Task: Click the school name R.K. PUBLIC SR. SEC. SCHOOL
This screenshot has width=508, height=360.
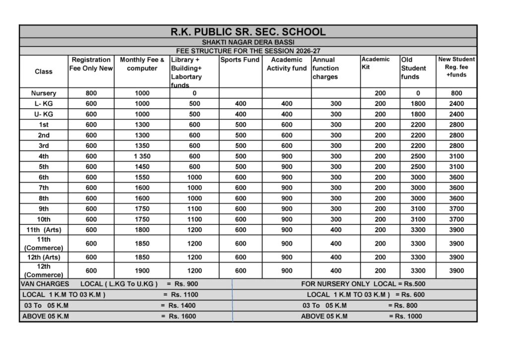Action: pyautogui.click(x=248, y=32)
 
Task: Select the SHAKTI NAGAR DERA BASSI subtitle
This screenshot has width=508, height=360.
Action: pyautogui.click(x=248, y=43)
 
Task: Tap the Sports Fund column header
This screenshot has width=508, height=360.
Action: pyautogui.click(x=240, y=60)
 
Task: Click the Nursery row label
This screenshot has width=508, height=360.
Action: pyautogui.click(x=44, y=93)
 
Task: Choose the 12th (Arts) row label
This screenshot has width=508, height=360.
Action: pyautogui.click(x=44, y=257)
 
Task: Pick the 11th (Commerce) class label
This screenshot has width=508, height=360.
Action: pyautogui.click(x=44, y=243)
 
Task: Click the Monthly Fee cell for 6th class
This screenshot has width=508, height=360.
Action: pyautogui.click(x=142, y=177)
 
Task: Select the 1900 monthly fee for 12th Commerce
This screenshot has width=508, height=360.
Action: pyautogui.click(x=142, y=271)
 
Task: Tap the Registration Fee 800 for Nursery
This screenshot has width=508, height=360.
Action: pyautogui.click(x=91, y=93)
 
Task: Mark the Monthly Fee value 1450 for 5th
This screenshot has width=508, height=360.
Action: pyautogui.click(x=142, y=167)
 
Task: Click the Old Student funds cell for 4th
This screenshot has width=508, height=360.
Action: pyautogui.click(x=418, y=156)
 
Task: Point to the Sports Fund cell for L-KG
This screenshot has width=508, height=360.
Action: pyautogui.click(x=240, y=104)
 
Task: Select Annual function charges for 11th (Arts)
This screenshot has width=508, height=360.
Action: pyautogui.click(x=336, y=230)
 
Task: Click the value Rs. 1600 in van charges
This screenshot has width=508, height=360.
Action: pyautogui.click(x=182, y=316)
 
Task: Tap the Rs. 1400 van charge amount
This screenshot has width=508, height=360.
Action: pyautogui.click(x=182, y=305)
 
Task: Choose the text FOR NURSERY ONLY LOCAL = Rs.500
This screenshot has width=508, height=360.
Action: pyautogui.click(x=363, y=284)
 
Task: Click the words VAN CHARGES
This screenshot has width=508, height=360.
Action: pyautogui.click(x=45, y=284)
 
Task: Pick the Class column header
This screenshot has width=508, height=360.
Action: pyautogui.click(x=44, y=72)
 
